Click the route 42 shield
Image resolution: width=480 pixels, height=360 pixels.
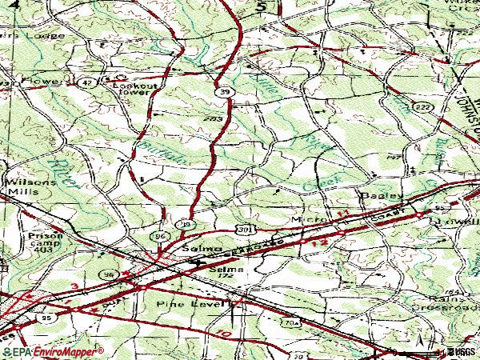click(x=86, y=82)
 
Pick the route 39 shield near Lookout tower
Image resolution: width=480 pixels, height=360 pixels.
click(x=226, y=94)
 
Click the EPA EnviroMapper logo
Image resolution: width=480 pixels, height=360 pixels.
click(x=53, y=351)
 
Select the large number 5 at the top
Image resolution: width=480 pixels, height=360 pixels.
click(x=261, y=6)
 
